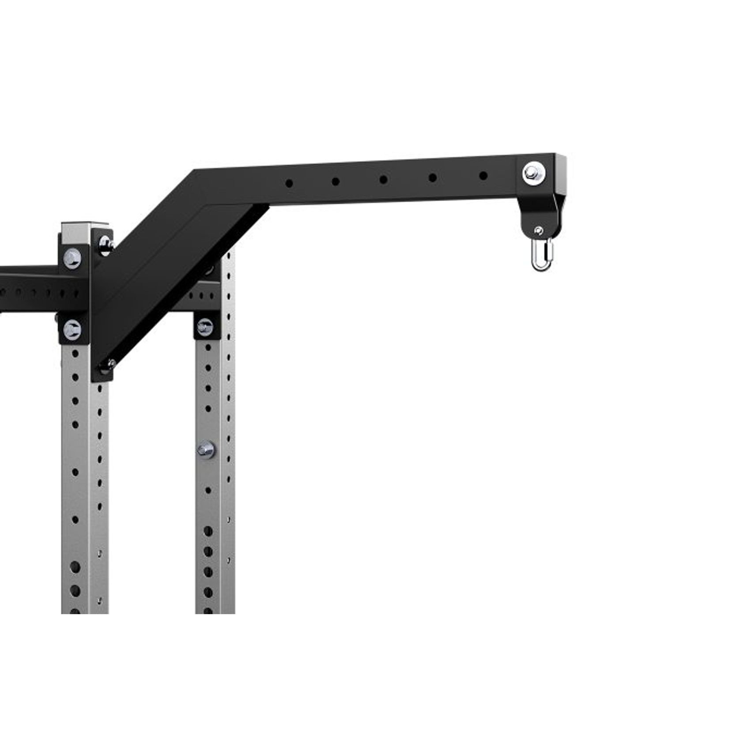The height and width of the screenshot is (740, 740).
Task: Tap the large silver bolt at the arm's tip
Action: [x=532, y=172]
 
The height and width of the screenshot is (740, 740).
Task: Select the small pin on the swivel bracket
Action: [x=538, y=230]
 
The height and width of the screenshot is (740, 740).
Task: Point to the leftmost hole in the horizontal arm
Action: [x=289, y=183]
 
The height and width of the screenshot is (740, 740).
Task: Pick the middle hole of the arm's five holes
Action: [x=383, y=180]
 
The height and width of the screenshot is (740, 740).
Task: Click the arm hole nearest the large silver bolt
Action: [x=483, y=176]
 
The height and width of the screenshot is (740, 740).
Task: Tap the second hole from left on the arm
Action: [x=336, y=181]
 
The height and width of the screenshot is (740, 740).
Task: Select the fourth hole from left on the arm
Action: [x=433, y=177]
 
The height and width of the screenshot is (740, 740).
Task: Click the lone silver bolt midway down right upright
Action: [x=206, y=449]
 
